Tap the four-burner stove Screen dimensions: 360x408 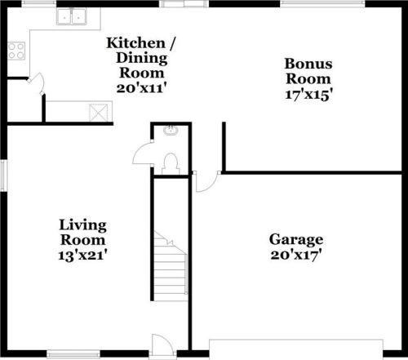16,51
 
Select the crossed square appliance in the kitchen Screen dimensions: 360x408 100,112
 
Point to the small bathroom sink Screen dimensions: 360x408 171,131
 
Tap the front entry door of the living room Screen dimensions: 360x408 162,345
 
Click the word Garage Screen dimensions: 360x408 296,240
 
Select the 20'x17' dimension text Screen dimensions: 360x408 296,255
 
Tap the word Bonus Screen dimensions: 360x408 308,64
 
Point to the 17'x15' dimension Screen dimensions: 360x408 308,94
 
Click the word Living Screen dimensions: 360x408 82,225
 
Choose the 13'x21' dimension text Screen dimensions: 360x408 82,255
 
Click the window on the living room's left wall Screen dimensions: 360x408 3,176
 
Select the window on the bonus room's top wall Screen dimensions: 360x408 306,4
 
